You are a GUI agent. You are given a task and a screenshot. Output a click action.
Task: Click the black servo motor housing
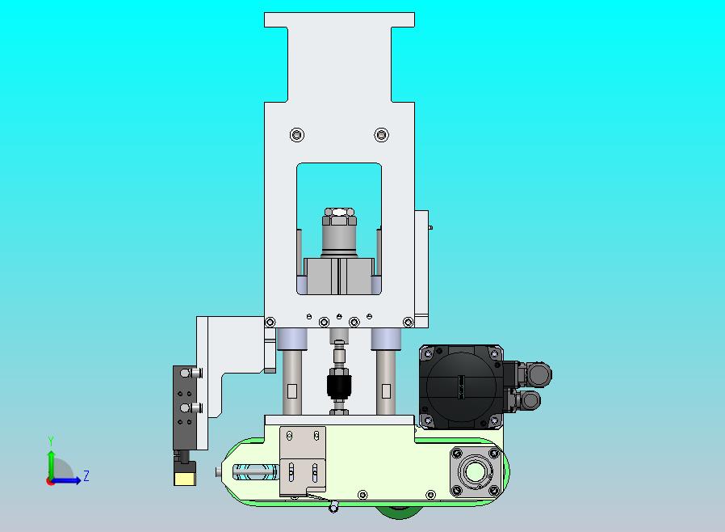point(461,386)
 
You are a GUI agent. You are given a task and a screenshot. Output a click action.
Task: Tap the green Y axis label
point(51,441)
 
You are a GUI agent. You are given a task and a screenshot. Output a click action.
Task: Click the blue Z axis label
point(86,475)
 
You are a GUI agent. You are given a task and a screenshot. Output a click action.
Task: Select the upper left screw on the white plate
point(297,135)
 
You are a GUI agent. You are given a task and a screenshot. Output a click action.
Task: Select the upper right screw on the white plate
point(381,135)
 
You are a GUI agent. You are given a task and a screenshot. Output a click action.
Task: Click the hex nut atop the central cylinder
point(339,215)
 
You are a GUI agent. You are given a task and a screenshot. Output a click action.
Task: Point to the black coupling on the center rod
point(339,385)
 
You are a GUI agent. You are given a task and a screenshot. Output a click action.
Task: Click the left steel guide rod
point(292,382)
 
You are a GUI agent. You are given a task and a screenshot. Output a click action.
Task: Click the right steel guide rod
point(386,382)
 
